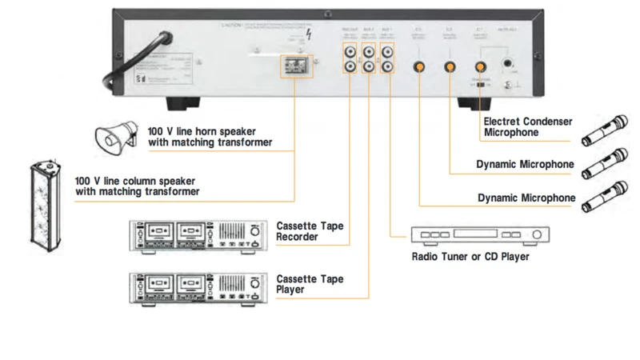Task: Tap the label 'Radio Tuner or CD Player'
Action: point(470,257)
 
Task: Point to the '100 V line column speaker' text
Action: point(136,186)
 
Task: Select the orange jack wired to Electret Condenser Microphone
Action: point(482,68)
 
